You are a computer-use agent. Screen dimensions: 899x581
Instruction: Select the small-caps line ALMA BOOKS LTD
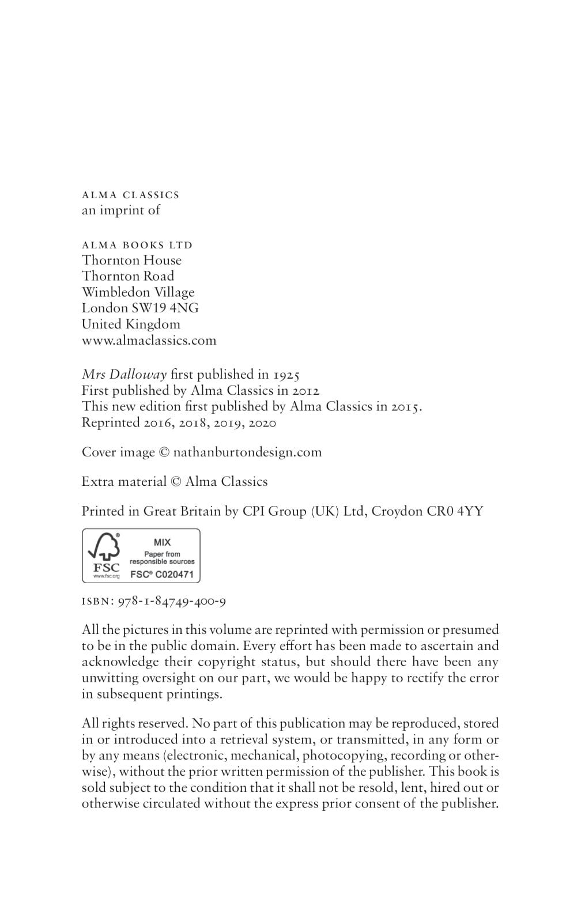[137, 245]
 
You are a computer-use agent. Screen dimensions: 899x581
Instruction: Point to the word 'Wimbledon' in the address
[115, 292]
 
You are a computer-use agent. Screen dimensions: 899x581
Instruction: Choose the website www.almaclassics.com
[149, 341]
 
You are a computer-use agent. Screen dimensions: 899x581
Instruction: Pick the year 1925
[286, 375]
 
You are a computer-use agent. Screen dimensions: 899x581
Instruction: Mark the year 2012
[306, 391]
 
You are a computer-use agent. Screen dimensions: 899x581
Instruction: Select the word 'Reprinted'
[111, 423]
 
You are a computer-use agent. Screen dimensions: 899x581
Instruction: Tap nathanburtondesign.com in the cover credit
[247, 452]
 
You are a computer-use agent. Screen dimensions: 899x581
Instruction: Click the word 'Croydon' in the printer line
[397, 511]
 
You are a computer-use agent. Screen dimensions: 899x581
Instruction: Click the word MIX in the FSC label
[162, 542]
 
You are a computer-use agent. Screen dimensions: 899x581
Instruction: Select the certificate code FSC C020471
[162, 575]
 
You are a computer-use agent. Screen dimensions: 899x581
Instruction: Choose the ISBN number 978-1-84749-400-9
[172, 602]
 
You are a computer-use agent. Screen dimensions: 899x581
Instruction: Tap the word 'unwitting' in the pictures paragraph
[110, 678]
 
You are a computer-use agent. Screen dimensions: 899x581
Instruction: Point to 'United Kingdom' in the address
[131, 324]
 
